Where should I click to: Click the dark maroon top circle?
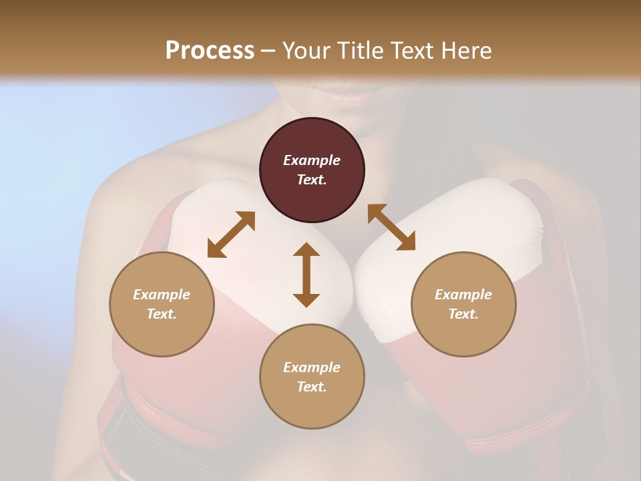pyautogui.click(x=312, y=170)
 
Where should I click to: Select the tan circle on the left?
pyautogui.click(x=162, y=304)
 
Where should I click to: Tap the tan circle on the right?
pyautogui.click(x=463, y=304)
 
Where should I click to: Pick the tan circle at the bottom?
pyautogui.click(x=312, y=377)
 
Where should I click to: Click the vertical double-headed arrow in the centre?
pyautogui.click(x=306, y=275)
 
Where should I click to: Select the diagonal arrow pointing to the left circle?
pyautogui.click(x=231, y=234)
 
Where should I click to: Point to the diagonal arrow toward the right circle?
pyautogui.click(x=391, y=227)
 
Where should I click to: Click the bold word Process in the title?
pyautogui.click(x=210, y=50)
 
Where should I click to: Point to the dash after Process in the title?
pyautogui.click(x=268, y=51)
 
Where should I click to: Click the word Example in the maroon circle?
pyautogui.click(x=312, y=160)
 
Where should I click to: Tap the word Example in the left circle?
pyautogui.click(x=162, y=295)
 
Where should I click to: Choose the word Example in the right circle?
pyautogui.click(x=463, y=295)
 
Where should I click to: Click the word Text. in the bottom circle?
pyautogui.click(x=312, y=387)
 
